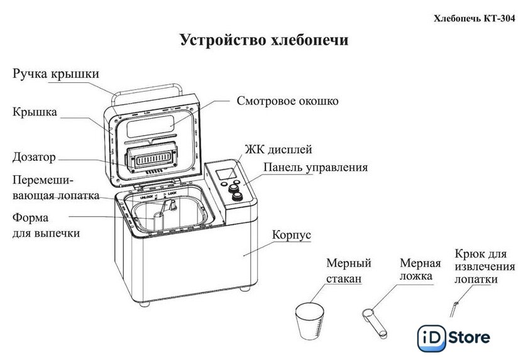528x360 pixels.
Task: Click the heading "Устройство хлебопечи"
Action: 264,41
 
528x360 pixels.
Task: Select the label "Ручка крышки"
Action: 56,74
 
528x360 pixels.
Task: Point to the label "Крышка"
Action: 35,112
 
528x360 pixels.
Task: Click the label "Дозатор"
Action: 35,156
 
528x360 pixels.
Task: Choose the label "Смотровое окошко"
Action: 288,101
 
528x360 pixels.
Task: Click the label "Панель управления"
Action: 316,168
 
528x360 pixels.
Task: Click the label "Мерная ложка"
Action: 420,269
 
